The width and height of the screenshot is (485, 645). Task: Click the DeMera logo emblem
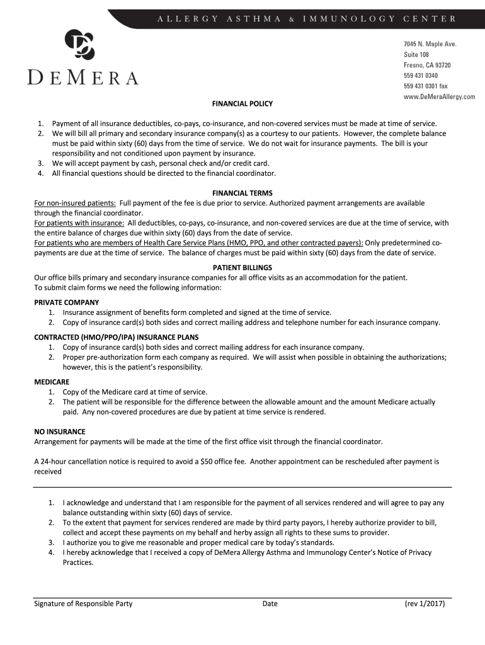(80, 45)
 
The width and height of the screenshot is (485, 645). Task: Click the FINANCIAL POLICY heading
(243, 103)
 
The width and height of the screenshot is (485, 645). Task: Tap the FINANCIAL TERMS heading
(243, 193)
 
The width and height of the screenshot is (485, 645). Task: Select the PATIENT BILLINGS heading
(243, 267)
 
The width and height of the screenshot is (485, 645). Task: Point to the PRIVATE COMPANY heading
(66, 302)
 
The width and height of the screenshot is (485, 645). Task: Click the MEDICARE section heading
(52, 382)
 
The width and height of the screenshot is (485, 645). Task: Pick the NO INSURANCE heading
(59, 431)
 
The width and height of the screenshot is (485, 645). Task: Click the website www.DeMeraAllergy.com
(439, 97)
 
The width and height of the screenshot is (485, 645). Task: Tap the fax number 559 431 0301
(426, 86)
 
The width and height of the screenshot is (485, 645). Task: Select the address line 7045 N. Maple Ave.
(430, 43)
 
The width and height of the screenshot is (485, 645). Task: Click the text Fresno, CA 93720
(426, 65)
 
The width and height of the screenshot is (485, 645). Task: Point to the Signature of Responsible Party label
(83, 603)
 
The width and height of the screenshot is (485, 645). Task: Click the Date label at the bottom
(270, 603)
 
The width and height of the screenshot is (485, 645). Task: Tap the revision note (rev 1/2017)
(425, 603)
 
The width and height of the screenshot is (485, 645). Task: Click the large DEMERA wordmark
(83, 78)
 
